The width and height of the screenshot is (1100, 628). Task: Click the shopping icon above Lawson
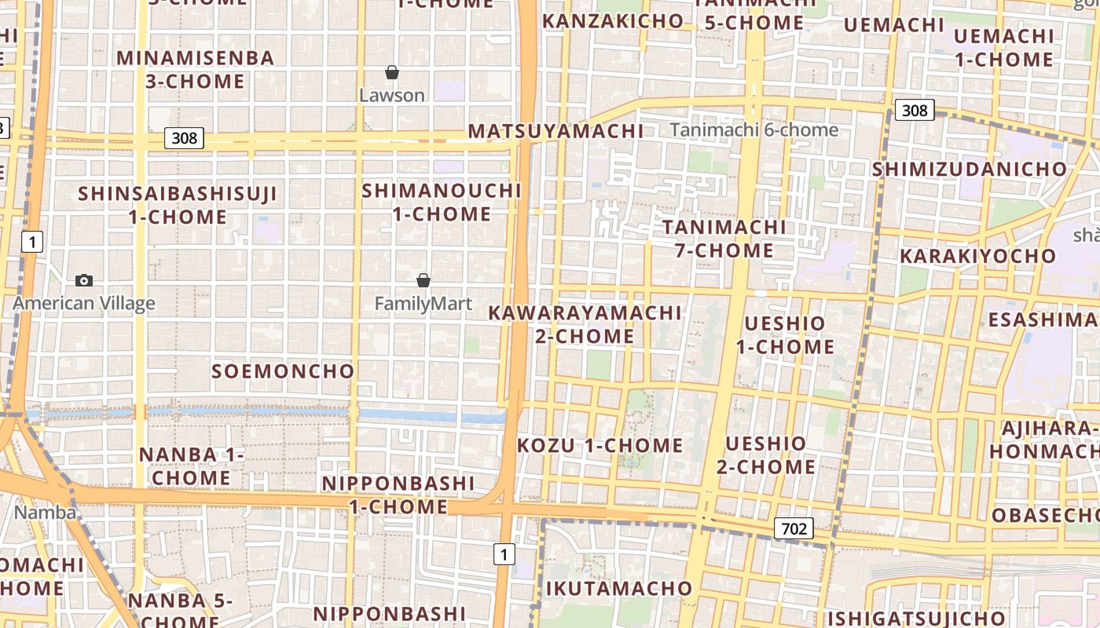click(392, 73)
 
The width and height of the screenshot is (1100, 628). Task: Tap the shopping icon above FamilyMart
click(423, 280)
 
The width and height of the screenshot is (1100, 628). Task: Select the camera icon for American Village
click(84, 280)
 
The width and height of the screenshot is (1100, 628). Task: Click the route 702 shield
click(793, 529)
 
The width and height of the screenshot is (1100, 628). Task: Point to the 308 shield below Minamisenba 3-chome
click(185, 139)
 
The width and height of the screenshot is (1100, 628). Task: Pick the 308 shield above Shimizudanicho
click(915, 111)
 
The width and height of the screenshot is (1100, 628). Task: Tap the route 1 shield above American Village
click(31, 242)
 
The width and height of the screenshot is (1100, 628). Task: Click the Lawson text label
click(392, 96)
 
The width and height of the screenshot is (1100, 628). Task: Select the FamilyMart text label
click(423, 304)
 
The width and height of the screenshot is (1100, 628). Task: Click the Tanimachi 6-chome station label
click(754, 130)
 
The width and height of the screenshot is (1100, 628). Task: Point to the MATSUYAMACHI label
click(555, 131)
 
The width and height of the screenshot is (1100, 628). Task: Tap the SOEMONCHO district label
click(283, 371)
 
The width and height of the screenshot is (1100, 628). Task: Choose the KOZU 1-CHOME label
click(600, 446)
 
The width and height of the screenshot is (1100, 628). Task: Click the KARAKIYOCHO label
click(978, 257)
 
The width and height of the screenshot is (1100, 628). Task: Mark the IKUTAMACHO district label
click(619, 589)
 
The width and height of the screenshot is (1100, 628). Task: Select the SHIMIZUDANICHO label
click(970, 170)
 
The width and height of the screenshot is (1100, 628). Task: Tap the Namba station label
click(46, 513)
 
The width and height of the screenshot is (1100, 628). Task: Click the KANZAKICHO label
click(613, 21)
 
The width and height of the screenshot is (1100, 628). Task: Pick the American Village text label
click(84, 304)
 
